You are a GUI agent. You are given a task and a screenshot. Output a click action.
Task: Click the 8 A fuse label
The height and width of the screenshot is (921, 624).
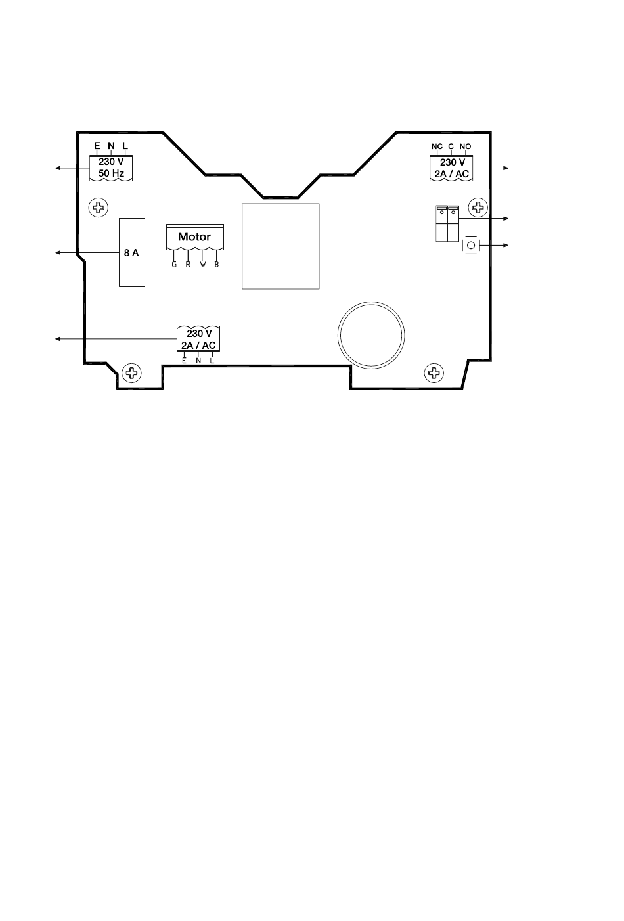[131, 252]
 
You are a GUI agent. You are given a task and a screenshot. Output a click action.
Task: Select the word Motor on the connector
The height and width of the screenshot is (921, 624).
[194, 237]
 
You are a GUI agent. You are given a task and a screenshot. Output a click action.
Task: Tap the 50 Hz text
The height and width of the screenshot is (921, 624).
[111, 173]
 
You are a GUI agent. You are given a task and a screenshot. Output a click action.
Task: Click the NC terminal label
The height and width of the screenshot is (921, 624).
[437, 146]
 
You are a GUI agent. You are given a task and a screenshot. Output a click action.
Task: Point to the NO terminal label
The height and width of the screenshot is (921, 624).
[465, 146]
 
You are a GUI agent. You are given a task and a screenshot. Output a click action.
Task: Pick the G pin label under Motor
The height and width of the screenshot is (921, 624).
[174, 264]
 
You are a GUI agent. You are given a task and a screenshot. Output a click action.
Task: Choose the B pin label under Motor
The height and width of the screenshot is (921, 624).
[217, 264]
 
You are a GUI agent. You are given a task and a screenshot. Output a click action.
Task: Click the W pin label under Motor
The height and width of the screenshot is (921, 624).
[203, 264]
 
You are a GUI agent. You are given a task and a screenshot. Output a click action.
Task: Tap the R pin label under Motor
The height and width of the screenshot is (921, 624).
[189, 264]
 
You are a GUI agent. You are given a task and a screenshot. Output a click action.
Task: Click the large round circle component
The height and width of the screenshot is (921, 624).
[371, 302]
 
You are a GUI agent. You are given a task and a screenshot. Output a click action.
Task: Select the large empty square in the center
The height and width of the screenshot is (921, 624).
[280, 246]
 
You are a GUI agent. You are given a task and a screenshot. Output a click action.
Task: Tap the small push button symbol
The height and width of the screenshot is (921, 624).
[471, 246]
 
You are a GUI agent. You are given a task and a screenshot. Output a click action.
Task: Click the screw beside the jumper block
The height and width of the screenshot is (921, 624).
[478, 207]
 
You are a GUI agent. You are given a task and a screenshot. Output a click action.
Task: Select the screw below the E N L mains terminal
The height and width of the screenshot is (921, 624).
[99, 208]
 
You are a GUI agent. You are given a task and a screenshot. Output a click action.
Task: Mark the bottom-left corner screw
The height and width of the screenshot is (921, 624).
[132, 373]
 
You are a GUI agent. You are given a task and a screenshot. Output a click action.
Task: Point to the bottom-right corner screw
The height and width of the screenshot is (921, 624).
[434, 373]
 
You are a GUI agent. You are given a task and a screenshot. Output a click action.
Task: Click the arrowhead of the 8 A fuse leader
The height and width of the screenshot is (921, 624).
[58, 252]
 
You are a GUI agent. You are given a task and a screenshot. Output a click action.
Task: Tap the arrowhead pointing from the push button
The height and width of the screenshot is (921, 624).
[506, 246]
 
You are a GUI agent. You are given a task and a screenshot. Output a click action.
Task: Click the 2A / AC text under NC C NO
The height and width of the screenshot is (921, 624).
[452, 174]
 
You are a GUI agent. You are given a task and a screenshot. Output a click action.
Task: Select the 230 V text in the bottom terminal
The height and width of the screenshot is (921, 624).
[200, 334]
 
